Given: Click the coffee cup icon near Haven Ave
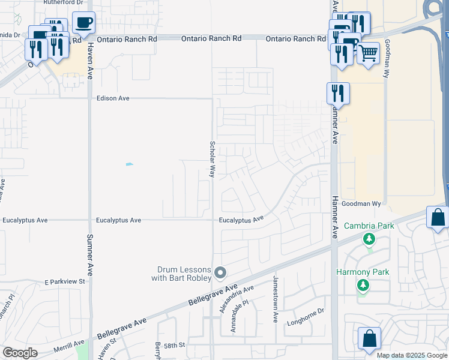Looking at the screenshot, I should [x=83, y=23].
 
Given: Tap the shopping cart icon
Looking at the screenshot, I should [x=368, y=53].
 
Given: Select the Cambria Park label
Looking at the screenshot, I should [x=369, y=226].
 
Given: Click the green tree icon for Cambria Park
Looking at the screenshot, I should [x=369, y=240].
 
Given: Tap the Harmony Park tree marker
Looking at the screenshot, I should [x=363, y=285].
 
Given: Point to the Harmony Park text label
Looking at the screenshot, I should [x=363, y=272].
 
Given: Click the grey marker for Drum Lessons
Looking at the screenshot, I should [x=220, y=274].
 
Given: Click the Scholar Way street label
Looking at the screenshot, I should [x=212, y=158].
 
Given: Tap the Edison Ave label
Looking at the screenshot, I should [x=113, y=98].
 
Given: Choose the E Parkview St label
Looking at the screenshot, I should [x=65, y=281].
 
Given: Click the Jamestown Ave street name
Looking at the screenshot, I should [x=276, y=299].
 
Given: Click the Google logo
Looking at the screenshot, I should [x=20, y=353].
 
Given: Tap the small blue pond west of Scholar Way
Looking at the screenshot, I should [x=129, y=164].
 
